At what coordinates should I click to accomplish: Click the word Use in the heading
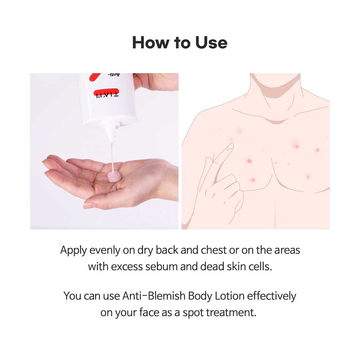pos(211,43)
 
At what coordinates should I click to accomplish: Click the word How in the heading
pos(151,43)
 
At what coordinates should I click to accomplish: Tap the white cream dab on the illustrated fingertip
pos(236,146)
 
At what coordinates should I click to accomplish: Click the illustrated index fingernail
pos(230,147)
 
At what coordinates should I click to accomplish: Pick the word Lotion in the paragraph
pos(230,296)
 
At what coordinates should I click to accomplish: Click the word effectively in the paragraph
pos(271,296)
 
